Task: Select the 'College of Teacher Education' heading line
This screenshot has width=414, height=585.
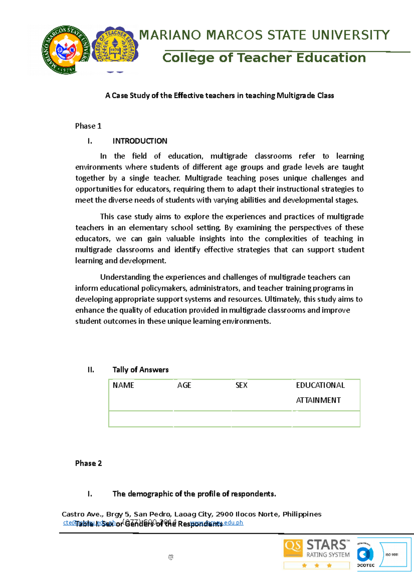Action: pos(264,58)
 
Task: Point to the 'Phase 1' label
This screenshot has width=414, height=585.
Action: pos(88,126)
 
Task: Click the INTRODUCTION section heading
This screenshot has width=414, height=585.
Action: pos(140,141)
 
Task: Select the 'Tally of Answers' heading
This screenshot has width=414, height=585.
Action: pos(140,370)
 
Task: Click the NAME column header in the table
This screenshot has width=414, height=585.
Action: pos(123,385)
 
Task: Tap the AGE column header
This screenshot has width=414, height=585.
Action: pos(184,385)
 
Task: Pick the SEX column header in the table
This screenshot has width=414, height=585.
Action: pos(241,385)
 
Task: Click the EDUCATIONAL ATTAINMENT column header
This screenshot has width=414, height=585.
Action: pos(320,392)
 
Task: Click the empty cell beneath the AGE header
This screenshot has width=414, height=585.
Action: pos(202,419)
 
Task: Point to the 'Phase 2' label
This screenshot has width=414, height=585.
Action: pos(88,463)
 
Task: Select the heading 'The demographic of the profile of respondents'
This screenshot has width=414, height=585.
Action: pos(194,494)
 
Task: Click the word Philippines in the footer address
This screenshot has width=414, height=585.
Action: pos(302,514)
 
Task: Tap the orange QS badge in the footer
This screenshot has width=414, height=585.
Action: pos(293,548)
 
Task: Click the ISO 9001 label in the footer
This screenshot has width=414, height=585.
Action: pos(392,555)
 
